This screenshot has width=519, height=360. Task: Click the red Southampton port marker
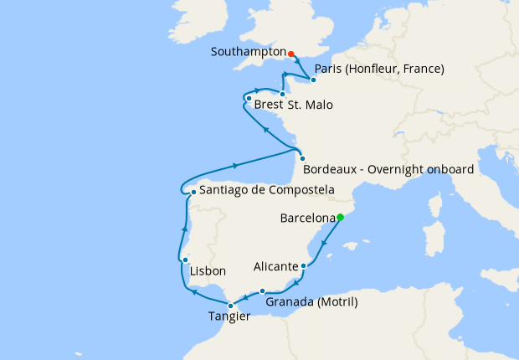pyautogui.click(x=291, y=54)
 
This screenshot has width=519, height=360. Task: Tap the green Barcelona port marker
pyautogui.click(x=340, y=218)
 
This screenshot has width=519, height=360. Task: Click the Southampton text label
pyautogui.click(x=249, y=51)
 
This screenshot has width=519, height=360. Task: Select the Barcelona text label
pyautogui.click(x=307, y=219)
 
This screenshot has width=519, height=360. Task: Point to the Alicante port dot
pyautogui.click(x=303, y=266)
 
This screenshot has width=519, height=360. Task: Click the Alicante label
pyautogui.click(x=275, y=267)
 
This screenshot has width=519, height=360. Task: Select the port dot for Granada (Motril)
pyautogui.click(x=263, y=291)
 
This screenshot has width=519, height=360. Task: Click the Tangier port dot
pyautogui.click(x=230, y=306)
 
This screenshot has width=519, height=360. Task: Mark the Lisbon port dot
pyautogui.click(x=185, y=260)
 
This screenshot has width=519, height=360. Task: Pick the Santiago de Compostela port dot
pyautogui.click(x=193, y=192)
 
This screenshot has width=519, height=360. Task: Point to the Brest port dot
pyautogui.click(x=249, y=99)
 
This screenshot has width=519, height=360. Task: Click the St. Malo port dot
pyautogui.click(x=283, y=94)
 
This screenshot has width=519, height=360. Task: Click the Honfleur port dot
pyautogui.click(x=312, y=80)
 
